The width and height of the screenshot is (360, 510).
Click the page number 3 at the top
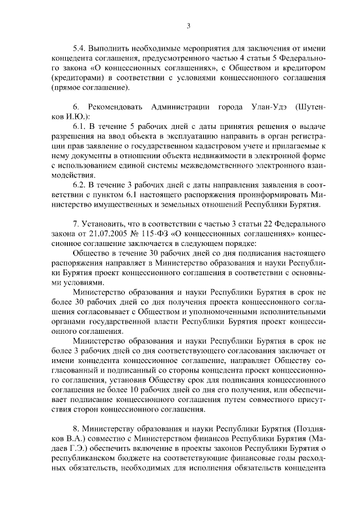pos(189,25)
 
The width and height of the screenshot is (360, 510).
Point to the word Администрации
pos(195,107)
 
